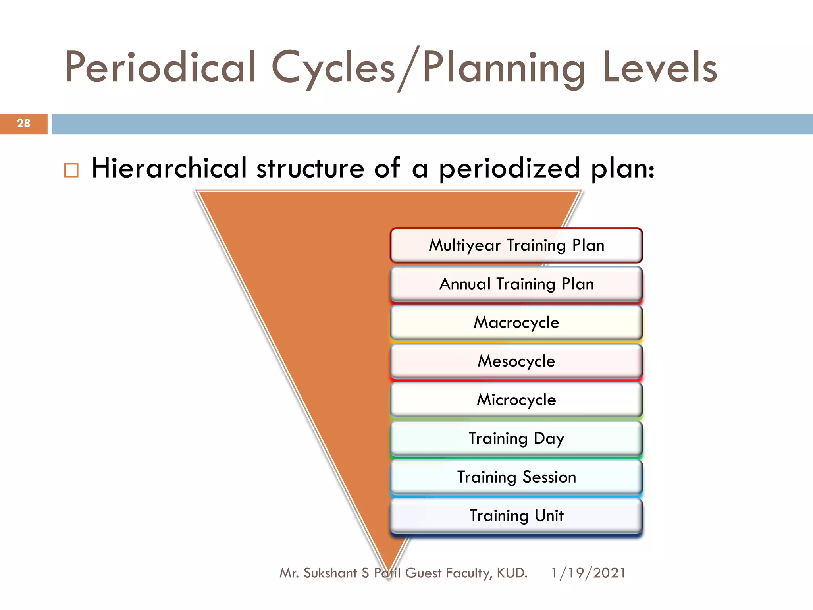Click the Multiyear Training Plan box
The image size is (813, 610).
click(516, 245)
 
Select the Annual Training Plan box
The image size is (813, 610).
click(516, 284)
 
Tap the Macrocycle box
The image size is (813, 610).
click(516, 322)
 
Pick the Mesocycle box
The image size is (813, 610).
click(516, 361)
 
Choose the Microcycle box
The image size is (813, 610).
click(516, 400)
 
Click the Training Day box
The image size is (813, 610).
click(516, 438)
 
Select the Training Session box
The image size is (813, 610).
click(516, 477)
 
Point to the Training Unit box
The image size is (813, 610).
click(516, 515)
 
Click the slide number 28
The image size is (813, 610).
click(24, 124)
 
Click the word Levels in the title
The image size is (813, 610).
click(659, 68)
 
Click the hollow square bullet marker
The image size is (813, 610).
click(71, 170)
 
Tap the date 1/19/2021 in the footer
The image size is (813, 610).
click(588, 573)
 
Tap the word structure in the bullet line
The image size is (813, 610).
click(310, 168)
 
